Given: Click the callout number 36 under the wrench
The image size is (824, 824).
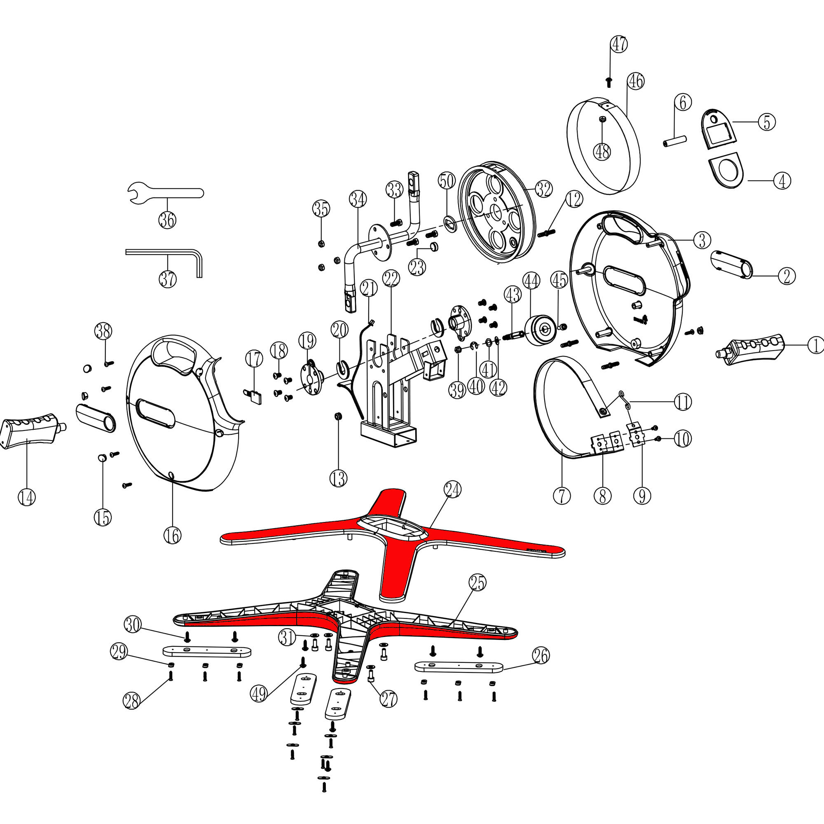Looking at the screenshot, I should (167, 220).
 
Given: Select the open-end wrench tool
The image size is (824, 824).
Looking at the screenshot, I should (166, 193).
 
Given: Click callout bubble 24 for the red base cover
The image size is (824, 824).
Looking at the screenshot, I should (452, 489).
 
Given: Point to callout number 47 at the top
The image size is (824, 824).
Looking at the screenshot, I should (619, 44).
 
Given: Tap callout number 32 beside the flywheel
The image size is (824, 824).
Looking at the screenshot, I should (543, 189).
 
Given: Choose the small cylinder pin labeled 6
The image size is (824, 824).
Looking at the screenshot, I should (675, 141).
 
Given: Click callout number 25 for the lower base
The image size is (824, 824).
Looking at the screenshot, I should (477, 583).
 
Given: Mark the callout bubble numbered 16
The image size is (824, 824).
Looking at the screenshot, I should (172, 536).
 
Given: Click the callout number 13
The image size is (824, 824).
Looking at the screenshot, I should (338, 478).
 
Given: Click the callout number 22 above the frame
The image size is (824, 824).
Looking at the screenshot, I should (391, 279).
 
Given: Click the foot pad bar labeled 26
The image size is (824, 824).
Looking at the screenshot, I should (459, 667).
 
